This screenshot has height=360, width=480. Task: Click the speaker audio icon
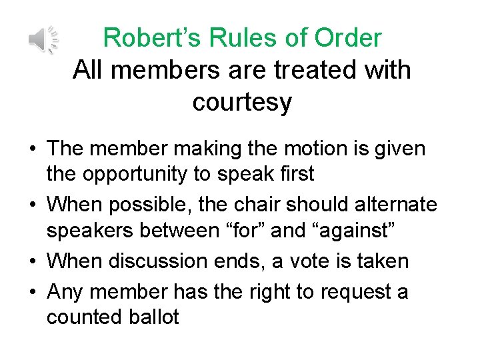click(x=43, y=40)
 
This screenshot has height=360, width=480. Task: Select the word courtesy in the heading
click(x=242, y=102)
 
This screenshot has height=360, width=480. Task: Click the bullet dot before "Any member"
click(x=34, y=291)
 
